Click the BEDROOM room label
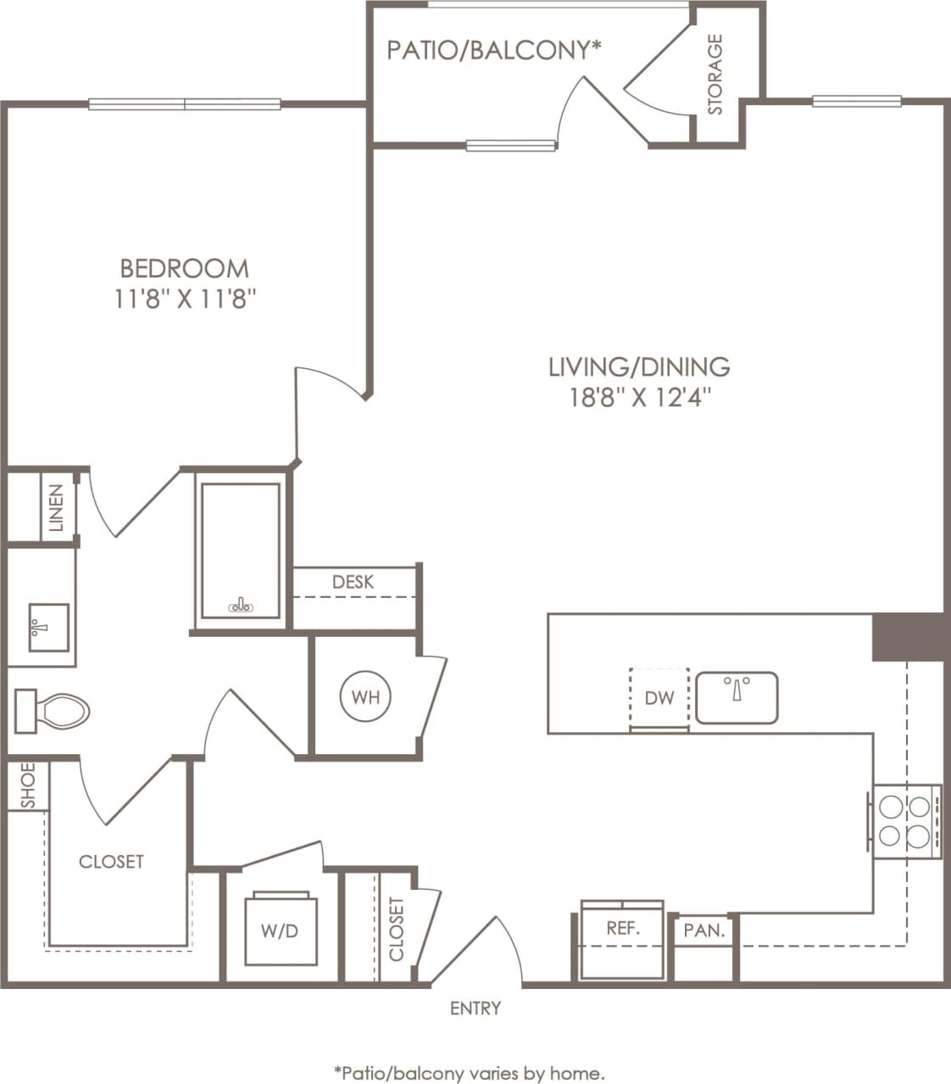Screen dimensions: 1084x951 (185, 268)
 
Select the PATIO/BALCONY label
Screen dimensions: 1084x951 (493, 50)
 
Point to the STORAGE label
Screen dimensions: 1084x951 (715, 75)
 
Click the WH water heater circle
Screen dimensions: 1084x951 (365, 697)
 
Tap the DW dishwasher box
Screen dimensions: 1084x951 (659, 697)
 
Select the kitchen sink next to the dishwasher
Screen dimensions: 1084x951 (736, 697)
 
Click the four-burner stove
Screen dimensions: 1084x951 (904, 819)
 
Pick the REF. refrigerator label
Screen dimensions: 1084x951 (622, 928)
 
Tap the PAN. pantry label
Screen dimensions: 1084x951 (704, 930)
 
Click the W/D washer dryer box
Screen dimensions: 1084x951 (281, 930)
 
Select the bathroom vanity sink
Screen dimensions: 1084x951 (47, 628)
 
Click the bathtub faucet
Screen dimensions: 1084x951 (241, 606)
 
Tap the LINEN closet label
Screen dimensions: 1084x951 (57, 507)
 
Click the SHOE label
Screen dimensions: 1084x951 (28, 785)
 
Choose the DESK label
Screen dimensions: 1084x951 (353, 582)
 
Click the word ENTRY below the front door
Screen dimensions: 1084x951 (475, 1008)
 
